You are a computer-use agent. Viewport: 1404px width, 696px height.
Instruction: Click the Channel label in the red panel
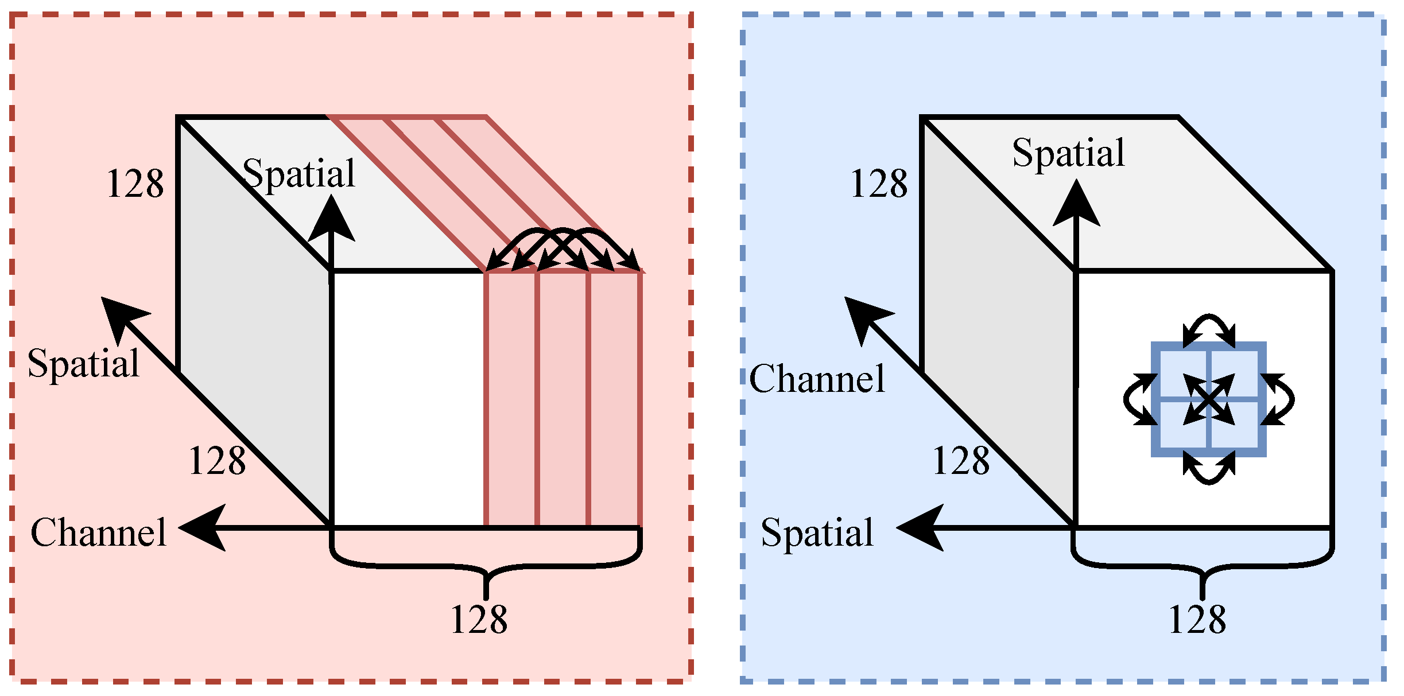[x=98, y=532]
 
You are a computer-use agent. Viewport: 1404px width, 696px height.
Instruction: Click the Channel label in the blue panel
[x=817, y=379]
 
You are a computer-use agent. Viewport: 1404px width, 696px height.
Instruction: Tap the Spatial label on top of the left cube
[x=298, y=174]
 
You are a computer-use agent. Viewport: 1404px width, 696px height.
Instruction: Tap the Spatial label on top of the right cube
[x=1068, y=153]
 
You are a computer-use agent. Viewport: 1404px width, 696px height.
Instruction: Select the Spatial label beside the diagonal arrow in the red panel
[x=83, y=363]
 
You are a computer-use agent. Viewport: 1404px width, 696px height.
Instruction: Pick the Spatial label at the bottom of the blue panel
[x=817, y=532]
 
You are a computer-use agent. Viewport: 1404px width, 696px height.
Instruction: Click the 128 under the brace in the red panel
[x=479, y=620]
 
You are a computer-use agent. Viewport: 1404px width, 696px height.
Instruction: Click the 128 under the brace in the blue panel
[x=1197, y=620]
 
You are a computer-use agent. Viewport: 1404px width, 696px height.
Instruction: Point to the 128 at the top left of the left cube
[x=135, y=184]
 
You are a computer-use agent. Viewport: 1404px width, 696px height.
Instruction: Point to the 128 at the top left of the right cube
[x=879, y=184]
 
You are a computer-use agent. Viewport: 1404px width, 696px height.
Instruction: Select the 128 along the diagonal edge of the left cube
[x=217, y=461]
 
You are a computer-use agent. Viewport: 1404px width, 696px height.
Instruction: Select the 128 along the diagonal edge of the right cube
[x=961, y=461]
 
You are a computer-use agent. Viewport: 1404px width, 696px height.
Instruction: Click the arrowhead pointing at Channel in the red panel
[x=202, y=527]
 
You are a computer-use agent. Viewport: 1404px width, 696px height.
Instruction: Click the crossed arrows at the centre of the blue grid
[x=1209, y=399]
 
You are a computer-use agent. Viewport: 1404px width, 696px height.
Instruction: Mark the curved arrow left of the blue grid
[x=1135, y=399]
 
